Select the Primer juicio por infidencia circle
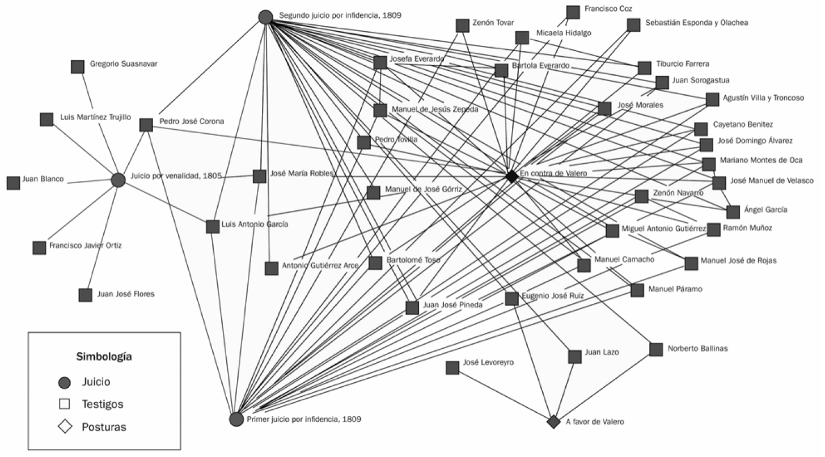click(x=236, y=419)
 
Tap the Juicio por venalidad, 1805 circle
click(x=118, y=180)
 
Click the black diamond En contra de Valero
click(x=511, y=176)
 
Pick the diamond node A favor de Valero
click(x=553, y=422)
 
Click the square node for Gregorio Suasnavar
click(x=78, y=66)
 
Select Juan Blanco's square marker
click(x=13, y=183)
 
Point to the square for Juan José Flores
click(x=86, y=295)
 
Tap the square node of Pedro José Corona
click(x=146, y=125)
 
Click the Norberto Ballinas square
click(x=656, y=349)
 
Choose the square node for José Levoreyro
click(x=452, y=367)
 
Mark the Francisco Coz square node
click(x=573, y=12)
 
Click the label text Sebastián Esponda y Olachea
click(x=697, y=23)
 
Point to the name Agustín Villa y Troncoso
click(x=763, y=98)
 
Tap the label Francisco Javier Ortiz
click(x=86, y=245)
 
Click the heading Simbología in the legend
click(x=104, y=357)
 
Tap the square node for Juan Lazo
click(x=575, y=356)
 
